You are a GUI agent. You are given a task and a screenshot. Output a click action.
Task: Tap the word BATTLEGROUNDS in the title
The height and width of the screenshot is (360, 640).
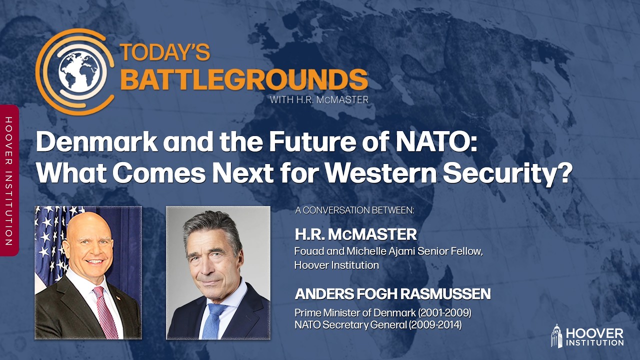(x=244, y=79)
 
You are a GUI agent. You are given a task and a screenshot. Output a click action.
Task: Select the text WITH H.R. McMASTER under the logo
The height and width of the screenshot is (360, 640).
(x=319, y=99)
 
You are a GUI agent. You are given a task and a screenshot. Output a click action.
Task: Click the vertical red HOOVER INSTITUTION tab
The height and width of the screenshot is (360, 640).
(x=8, y=180)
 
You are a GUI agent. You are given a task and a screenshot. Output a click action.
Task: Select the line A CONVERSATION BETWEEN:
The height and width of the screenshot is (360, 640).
(x=354, y=210)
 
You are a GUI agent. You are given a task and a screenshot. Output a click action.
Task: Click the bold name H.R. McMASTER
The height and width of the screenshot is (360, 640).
(x=355, y=234)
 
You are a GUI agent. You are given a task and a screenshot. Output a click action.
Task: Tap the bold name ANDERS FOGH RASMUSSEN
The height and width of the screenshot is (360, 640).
(x=392, y=294)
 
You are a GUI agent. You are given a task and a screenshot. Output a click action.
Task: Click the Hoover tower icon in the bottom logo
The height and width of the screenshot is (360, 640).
(x=557, y=335)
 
